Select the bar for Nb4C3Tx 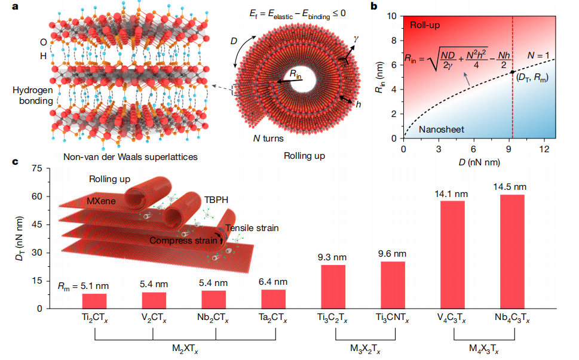click(512, 251)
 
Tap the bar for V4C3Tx click(452, 254)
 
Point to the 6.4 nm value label click(274, 282)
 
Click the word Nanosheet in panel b click(442, 130)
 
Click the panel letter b click(390, 7)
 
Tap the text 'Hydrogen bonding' click(29, 96)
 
